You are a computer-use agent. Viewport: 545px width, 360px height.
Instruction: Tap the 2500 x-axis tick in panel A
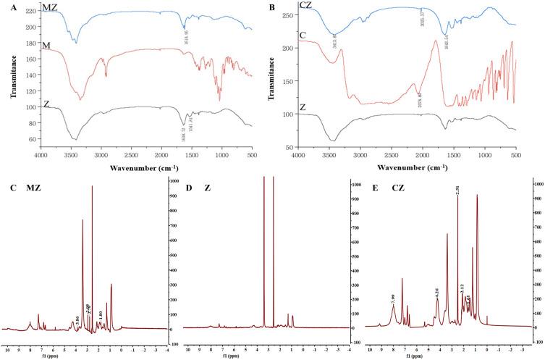130,154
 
